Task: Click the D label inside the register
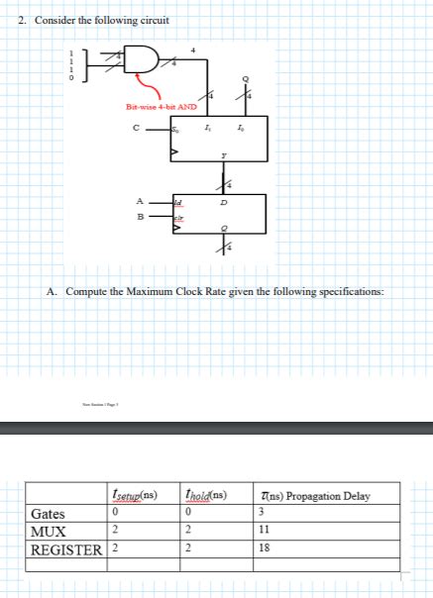click(223, 201)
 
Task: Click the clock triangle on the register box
click(176, 227)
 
